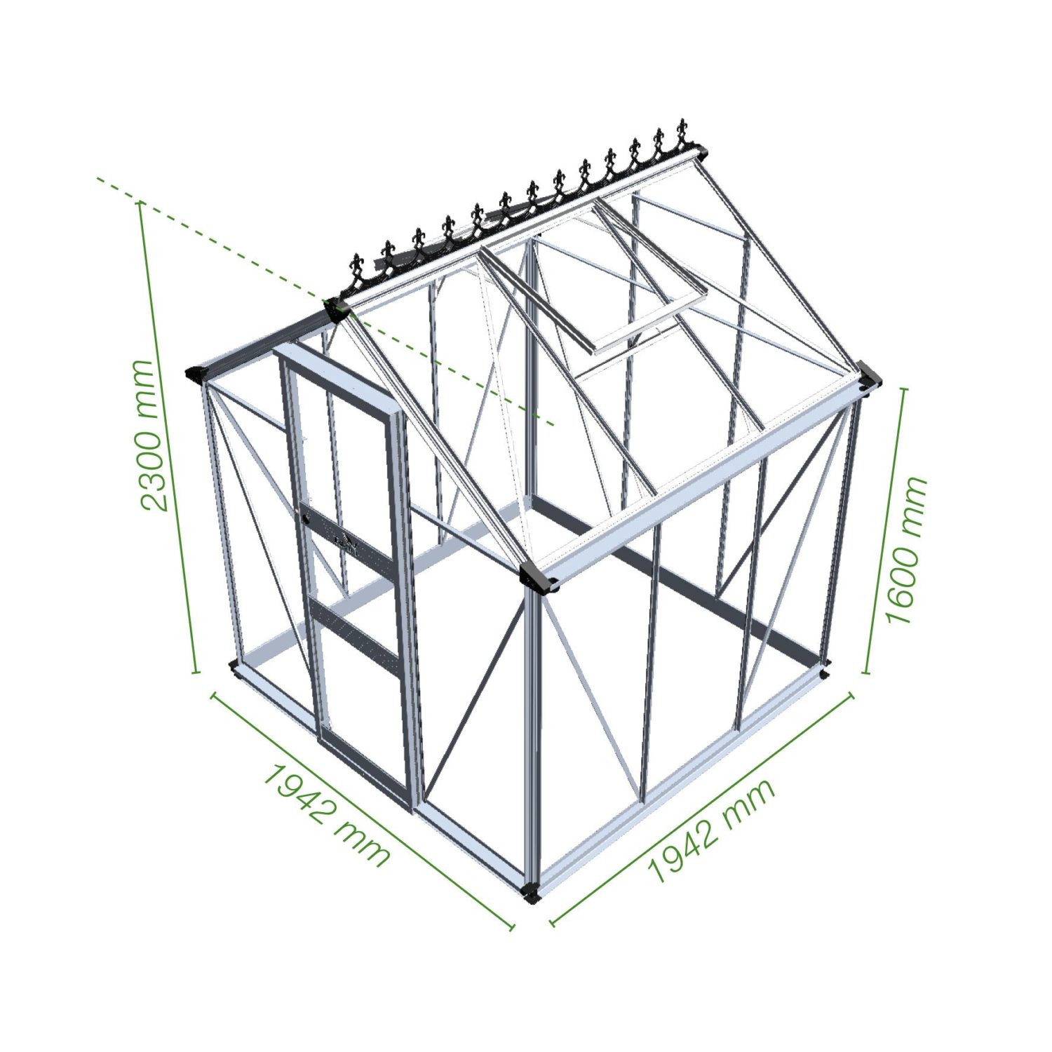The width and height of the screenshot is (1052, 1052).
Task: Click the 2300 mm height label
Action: [154, 436]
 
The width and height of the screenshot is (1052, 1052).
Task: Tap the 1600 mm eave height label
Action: [907, 551]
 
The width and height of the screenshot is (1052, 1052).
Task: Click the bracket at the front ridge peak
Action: [337, 309]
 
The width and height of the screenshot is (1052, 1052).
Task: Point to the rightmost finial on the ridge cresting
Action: [681, 134]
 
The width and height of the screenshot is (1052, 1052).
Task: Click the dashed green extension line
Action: [325, 302]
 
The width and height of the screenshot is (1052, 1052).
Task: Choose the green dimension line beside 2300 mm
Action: [168, 436]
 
